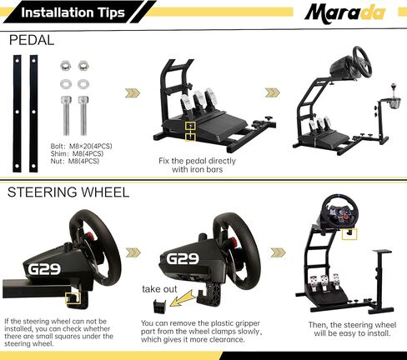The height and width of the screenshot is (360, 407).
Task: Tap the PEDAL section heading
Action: click(32, 40)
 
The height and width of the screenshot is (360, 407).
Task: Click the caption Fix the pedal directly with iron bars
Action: click(197, 164)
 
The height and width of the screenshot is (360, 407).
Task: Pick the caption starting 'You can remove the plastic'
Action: click(204, 332)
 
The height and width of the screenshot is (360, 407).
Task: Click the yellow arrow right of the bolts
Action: click(132, 93)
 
